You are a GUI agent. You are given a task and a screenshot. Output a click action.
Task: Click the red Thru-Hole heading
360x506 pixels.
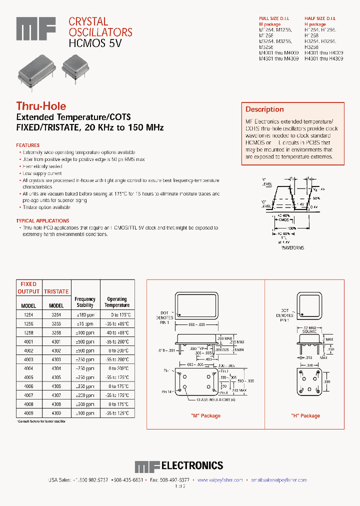pos(41,106)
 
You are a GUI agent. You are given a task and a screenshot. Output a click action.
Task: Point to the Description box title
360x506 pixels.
pos(264,109)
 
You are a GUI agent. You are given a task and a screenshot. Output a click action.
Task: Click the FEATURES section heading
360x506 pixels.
pos(28,145)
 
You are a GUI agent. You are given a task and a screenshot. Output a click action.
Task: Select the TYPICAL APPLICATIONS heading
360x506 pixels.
pos(42,220)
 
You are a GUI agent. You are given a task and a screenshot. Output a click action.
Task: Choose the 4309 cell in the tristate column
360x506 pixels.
pos(56,413)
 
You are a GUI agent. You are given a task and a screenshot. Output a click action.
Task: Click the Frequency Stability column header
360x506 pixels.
pos(85,302)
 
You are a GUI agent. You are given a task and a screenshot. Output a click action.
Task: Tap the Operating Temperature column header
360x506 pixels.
pos(117,302)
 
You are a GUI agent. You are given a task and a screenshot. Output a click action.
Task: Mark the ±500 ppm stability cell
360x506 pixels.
pos(85,341)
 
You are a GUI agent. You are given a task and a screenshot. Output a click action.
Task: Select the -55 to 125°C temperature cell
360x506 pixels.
pos(117,413)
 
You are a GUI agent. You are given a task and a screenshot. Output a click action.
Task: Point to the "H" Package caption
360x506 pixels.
pos(305,416)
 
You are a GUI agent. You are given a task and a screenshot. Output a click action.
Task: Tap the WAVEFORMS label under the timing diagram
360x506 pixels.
pos(292,247)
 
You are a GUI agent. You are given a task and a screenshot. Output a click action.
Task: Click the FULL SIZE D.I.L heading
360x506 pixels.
pos(275,18)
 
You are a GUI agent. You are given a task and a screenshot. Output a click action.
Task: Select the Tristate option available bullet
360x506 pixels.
pos(46,207)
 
